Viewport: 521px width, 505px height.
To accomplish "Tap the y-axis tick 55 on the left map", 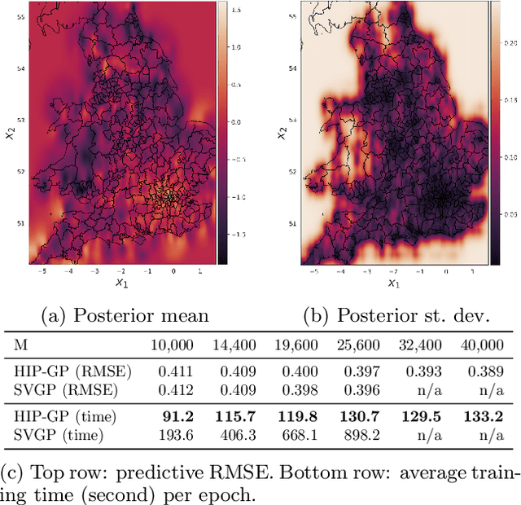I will click(20, 16).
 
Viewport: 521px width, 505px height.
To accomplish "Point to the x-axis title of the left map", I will click(120, 284).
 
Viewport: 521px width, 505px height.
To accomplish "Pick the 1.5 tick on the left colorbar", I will click(232, 11).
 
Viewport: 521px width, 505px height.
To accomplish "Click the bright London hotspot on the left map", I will click(169, 196).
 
